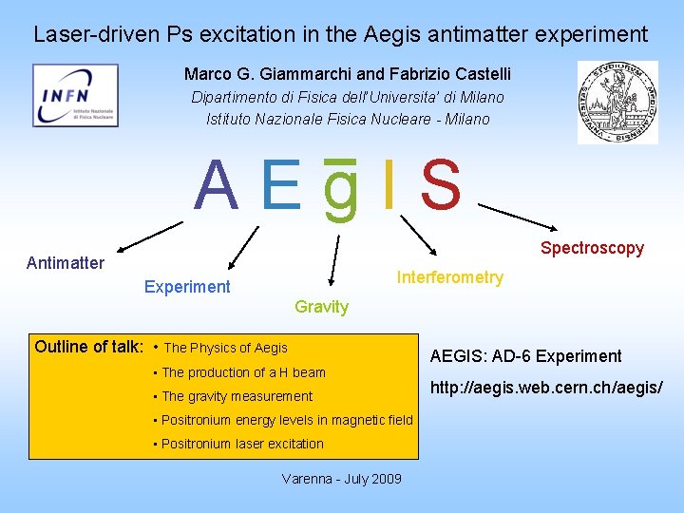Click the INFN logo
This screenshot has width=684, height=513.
click(75, 95)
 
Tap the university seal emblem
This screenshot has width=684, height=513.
click(617, 102)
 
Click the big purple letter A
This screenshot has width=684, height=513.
click(216, 186)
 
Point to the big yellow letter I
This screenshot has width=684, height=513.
click(389, 186)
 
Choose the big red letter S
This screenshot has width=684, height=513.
click(440, 186)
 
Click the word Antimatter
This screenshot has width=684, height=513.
click(66, 263)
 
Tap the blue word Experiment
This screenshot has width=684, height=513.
click(187, 287)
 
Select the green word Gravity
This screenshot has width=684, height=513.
click(321, 307)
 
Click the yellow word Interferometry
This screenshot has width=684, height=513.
click(449, 277)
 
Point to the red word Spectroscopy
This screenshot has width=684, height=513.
click(592, 248)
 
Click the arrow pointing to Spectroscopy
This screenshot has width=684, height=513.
click(519, 218)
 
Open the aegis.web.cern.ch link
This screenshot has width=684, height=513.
click(546, 388)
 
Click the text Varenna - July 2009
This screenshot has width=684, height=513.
click(341, 479)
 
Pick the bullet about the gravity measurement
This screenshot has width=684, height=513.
click(237, 396)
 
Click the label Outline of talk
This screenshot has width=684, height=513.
click(88, 347)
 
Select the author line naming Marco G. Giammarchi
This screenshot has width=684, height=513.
click(348, 74)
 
